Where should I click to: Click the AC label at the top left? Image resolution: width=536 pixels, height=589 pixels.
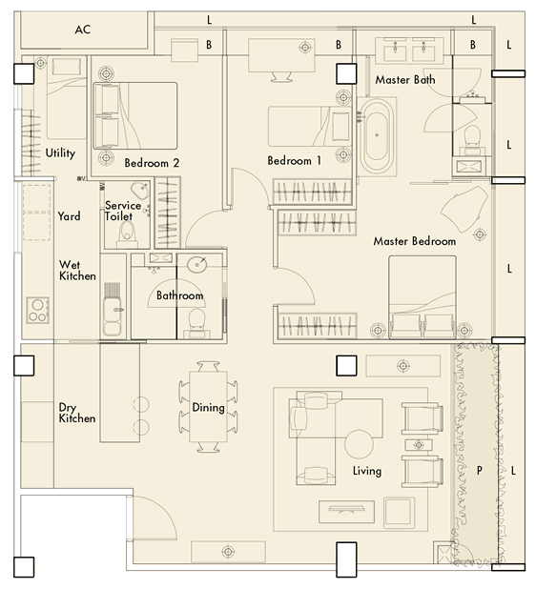[x=83, y=30]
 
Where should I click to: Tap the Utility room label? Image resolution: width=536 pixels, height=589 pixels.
[x=60, y=152]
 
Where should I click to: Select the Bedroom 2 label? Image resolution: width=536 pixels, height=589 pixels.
[x=152, y=163]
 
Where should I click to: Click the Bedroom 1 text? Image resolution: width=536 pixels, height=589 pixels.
[x=295, y=161]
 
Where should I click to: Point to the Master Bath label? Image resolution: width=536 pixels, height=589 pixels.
[x=405, y=80]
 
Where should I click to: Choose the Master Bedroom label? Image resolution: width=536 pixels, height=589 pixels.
[x=415, y=241]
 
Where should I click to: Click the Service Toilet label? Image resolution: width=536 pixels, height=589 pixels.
[x=123, y=211]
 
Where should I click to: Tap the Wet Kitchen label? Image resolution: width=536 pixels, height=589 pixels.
[x=77, y=271]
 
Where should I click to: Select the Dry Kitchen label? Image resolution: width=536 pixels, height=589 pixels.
[x=77, y=413]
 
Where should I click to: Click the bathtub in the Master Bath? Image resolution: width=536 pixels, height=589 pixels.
[x=377, y=135]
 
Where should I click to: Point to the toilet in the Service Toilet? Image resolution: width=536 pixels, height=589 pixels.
[x=127, y=235]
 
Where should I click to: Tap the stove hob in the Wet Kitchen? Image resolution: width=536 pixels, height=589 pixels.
[x=37, y=311]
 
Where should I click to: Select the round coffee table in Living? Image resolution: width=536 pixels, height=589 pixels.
[x=359, y=444]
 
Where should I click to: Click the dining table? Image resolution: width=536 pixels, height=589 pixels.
[x=208, y=407]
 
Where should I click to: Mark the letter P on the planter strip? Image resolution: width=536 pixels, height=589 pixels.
[x=479, y=470]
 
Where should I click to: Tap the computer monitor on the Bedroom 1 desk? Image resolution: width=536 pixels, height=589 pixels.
[x=281, y=76]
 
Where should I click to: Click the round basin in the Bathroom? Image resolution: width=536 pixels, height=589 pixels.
[x=197, y=265]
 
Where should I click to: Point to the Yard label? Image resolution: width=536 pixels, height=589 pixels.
[x=70, y=216]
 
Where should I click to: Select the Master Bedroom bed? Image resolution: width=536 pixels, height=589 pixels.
[x=423, y=296]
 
